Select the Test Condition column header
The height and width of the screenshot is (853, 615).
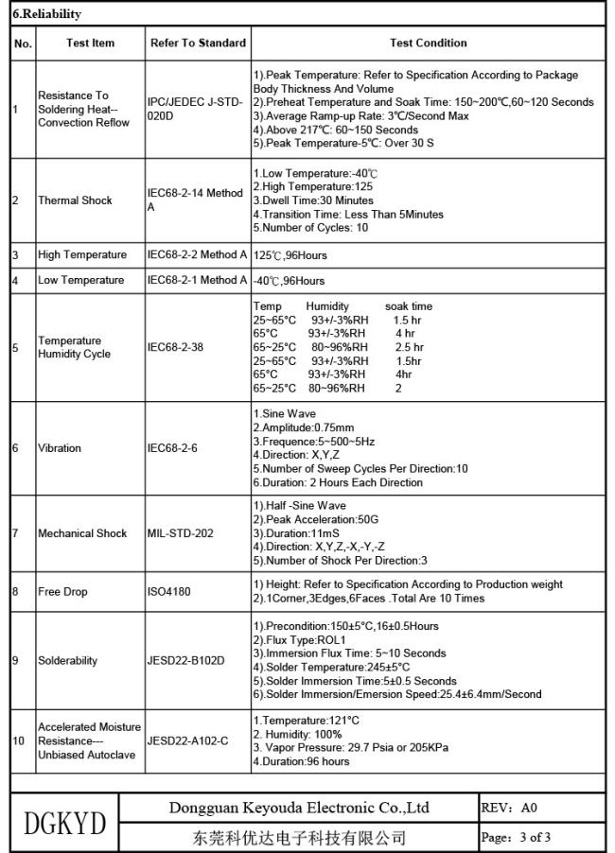click(428, 43)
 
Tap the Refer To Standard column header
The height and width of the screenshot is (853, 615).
click(198, 43)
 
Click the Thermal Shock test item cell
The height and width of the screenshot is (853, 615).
click(75, 200)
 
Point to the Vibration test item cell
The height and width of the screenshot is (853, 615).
click(60, 448)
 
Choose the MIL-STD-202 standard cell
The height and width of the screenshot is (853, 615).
click(180, 533)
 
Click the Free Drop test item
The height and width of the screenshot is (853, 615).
click(62, 592)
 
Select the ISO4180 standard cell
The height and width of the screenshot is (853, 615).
click(170, 592)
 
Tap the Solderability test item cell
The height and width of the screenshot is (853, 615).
click(67, 661)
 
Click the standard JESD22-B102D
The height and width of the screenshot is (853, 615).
click(186, 661)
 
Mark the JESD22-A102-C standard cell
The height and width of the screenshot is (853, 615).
click(188, 741)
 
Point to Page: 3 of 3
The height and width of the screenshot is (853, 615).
click(516, 837)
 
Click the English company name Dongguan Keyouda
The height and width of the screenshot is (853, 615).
click(299, 808)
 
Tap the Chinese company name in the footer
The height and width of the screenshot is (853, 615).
click(299, 837)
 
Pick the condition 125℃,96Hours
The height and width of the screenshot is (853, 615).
click(290, 255)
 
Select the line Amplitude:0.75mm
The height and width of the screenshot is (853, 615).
click(302, 427)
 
